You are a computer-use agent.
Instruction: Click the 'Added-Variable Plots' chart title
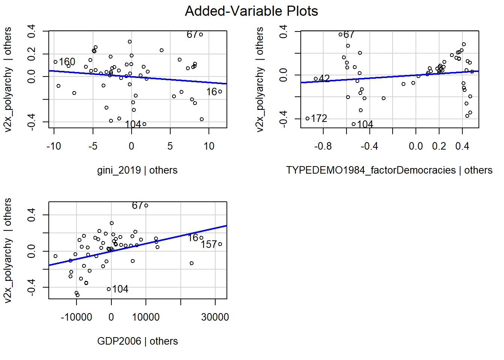coord(251,11)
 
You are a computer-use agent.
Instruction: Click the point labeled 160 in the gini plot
coord(55,62)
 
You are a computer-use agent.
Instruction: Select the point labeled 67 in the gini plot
coord(201,34)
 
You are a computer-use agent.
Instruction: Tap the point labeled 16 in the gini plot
coord(220,91)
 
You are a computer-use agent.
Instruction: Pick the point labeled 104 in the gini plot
coord(144,124)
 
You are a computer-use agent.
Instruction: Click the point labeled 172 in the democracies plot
coord(307,118)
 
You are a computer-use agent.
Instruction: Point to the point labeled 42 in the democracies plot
coord(316,79)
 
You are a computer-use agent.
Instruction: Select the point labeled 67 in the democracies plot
coord(340,34)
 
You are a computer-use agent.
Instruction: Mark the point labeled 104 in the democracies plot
coord(354,124)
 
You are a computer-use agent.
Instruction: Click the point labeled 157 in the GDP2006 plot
coord(220,244)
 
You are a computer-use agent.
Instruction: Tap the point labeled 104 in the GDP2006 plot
coord(109,289)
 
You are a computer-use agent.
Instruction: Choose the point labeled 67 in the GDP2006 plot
coord(146,205)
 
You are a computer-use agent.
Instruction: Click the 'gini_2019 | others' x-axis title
coord(137,170)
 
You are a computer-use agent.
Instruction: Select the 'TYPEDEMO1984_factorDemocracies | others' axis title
coord(389,170)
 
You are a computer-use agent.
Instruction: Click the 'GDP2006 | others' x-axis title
coord(137,341)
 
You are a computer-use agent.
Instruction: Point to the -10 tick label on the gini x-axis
coord(54,146)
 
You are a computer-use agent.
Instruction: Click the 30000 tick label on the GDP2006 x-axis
coord(215,317)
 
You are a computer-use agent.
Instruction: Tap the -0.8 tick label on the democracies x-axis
coord(323,146)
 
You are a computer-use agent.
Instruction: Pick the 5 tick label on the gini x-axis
coord(170,146)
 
